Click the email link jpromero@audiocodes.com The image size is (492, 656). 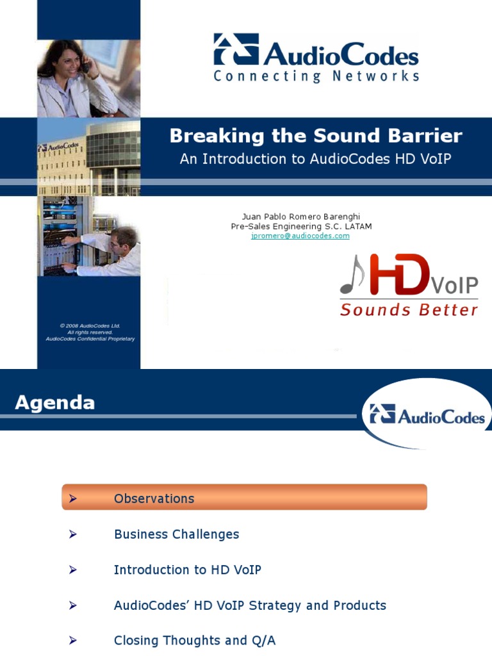click(x=300, y=236)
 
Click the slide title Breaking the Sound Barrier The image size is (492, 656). click(x=315, y=136)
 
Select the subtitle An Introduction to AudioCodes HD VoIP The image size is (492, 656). click(x=315, y=159)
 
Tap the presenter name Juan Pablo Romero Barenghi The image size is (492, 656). click(x=301, y=217)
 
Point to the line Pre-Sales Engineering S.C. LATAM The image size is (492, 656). click(x=301, y=226)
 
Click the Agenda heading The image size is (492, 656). click(x=54, y=403)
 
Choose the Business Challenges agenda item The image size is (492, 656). click(x=176, y=534)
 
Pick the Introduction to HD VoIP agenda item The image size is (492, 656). click(x=187, y=570)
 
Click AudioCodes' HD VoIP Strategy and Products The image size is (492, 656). click(x=250, y=605)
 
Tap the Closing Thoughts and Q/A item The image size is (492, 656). click(x=194, y=641)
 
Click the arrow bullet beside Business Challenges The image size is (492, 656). click(x=73, y=534)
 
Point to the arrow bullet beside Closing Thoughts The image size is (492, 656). click(x=73, y=641)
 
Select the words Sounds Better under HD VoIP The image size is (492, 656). click(x=409, y=310)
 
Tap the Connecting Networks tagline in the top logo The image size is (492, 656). click(x=316, y=76)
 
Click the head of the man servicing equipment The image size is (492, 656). click(x=123, y=239)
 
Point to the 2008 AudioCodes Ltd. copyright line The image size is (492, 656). click(x=90, y=325)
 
